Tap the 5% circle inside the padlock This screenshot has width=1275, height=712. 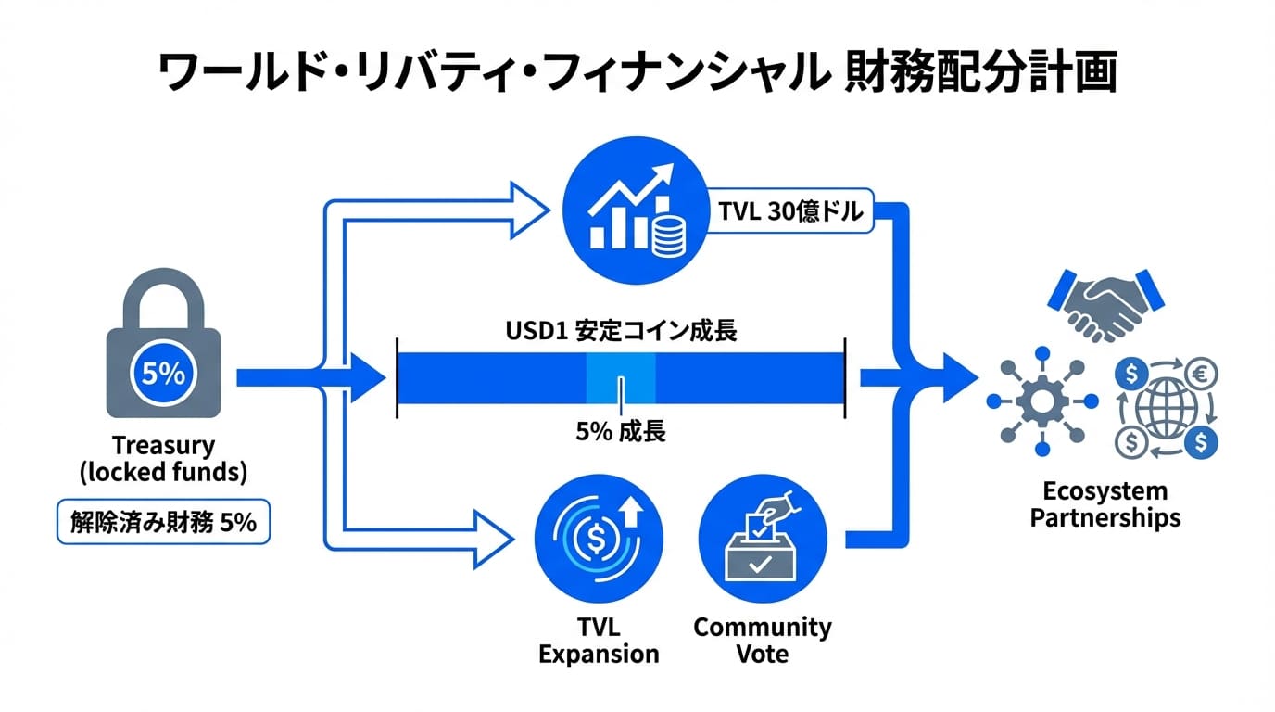click(164, 374)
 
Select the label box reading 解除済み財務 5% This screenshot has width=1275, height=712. click(163, 522)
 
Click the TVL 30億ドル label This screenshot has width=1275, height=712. click(790, 212)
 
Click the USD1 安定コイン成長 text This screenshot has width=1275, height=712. click(621, 331)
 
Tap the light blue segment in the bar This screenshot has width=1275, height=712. click(621, 378)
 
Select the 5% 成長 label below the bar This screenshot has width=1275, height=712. click(621, 432)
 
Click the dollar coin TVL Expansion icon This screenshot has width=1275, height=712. click(599, 537)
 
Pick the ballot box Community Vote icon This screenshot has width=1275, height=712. click(761, 537)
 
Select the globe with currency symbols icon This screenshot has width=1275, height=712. click(1167, 407)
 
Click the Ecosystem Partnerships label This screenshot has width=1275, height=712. click(1105, 504)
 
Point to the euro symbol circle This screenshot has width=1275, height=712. click(1202, 374)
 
